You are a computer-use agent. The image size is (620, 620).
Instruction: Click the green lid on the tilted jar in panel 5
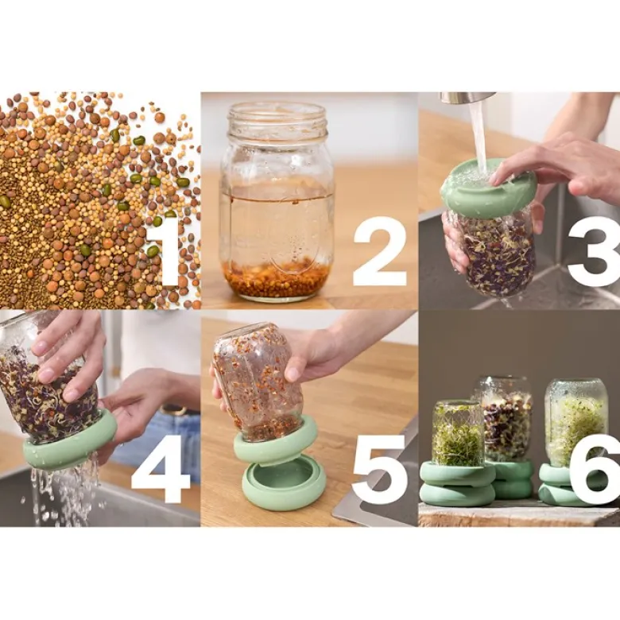click(x=276, y=441)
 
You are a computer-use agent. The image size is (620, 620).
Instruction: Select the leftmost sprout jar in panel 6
click(x=458, y=433)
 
